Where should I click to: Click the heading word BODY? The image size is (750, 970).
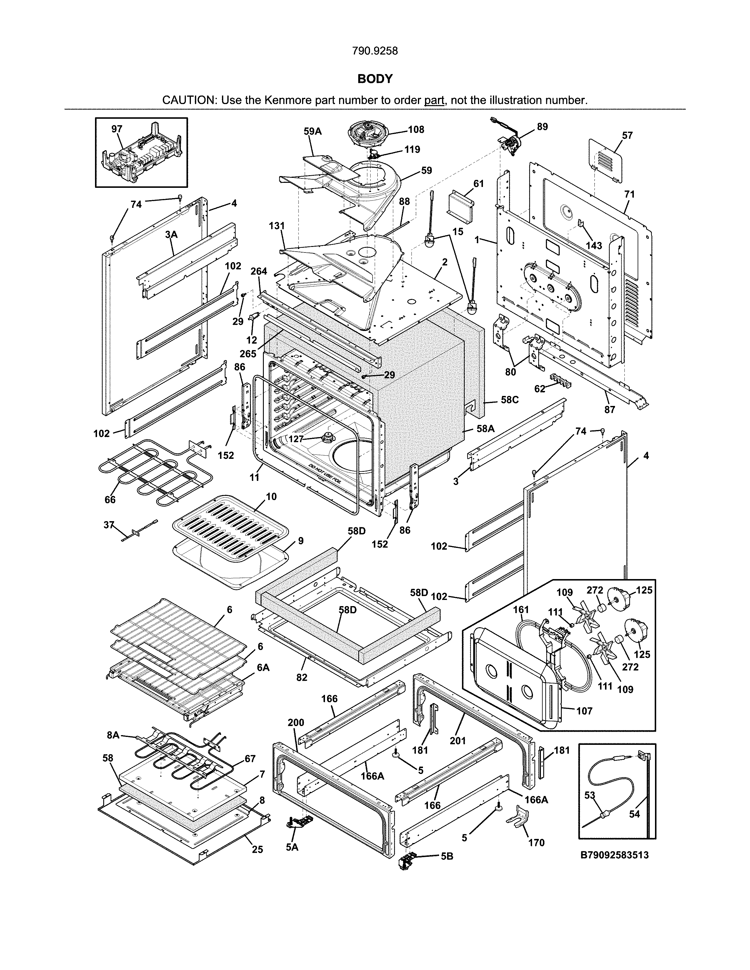pos(375,79)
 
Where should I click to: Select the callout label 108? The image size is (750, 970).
pos(416,129)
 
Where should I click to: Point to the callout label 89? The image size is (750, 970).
pos(542,127)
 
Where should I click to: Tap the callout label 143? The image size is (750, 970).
pos(594,246)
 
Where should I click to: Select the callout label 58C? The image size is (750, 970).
pos(510,400)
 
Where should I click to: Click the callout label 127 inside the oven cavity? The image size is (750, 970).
pos(296,439)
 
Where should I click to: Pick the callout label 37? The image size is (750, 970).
pos(109,525)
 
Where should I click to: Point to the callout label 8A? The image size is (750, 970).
pos(113,735)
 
